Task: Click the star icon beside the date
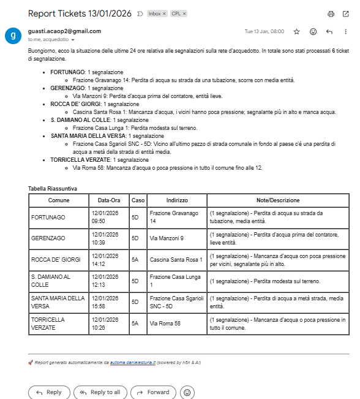(296, 31)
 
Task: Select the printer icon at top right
(331, 13)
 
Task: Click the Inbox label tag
(156, 13)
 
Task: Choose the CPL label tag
(178, 13)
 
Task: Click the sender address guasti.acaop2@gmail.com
(64, 31)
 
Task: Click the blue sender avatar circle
(13, 35)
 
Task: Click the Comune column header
(59, 200)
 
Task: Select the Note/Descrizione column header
(278, 200)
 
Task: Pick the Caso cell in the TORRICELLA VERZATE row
(138, 323)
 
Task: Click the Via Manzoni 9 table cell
(167, 238)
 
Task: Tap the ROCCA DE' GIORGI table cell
(56, 260)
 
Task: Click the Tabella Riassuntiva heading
(53, 188)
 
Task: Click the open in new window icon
(347, 13)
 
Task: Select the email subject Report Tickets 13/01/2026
(80, 13)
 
